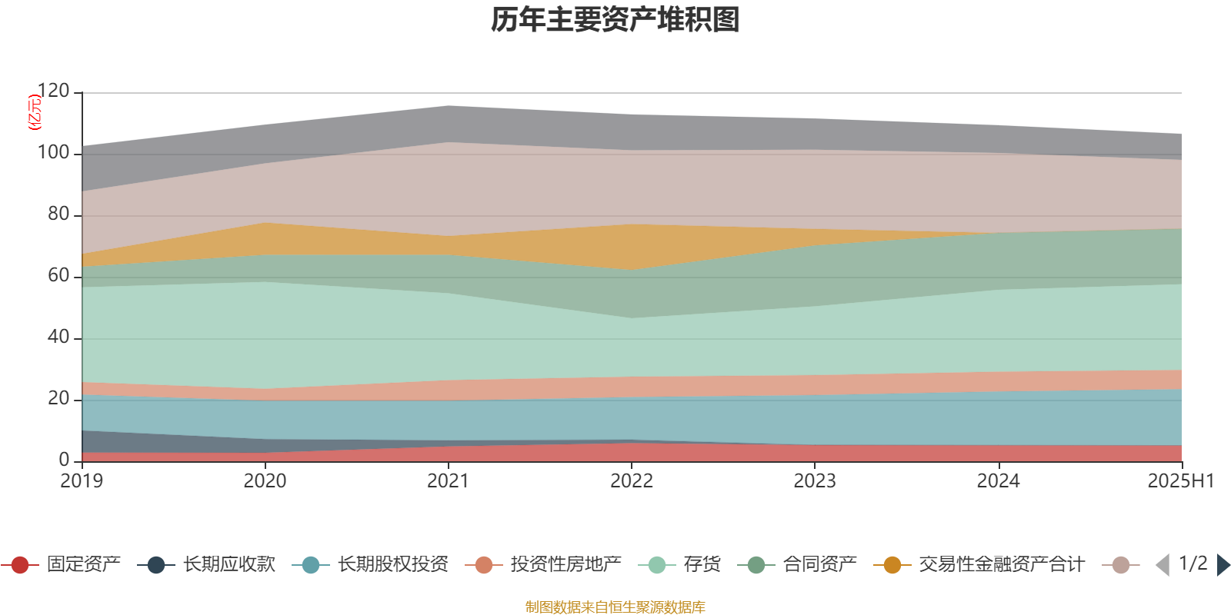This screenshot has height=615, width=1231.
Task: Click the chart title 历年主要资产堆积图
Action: (x=615, y=20)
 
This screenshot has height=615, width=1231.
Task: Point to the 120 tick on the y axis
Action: (x=53, y=91)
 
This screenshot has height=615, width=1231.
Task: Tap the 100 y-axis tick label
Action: (x=53, y=153)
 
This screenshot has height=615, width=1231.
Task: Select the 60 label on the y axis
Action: (x=58, y=276)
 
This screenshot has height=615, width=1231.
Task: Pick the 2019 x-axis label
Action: (x=82, y=481)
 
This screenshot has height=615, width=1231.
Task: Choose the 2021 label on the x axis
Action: (x=448, y=481)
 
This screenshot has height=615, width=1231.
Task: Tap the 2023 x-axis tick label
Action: (x=815, y=481)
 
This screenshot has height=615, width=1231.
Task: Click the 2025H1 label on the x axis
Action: (x=1179, y=481)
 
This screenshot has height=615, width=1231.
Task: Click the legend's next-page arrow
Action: (x=1223, y=565)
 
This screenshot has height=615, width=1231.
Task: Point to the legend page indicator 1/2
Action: (x=1193, y=563)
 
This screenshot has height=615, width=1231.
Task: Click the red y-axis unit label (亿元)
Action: (x=34, y=112)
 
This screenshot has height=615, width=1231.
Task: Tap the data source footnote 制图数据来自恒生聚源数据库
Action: (x=615, y=607)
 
